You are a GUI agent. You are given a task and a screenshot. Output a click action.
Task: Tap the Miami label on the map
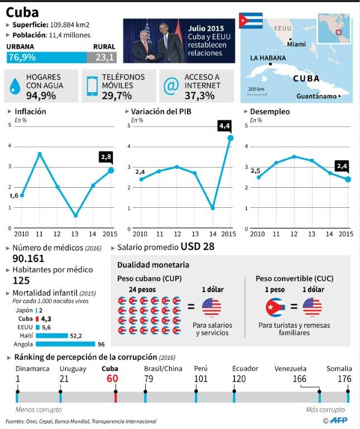coord(296,44)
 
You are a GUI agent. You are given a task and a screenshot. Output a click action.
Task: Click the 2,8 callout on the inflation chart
coord(105,156)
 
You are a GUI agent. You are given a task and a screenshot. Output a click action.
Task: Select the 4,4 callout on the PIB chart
coord(225,126)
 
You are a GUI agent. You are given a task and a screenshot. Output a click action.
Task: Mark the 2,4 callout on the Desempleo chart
coord(343,166)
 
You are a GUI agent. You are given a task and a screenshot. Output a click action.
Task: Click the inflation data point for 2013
coord(75,216)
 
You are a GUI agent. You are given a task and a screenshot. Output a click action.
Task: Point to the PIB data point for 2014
coord(213,208)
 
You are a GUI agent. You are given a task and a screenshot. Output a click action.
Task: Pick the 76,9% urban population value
coord(21,58)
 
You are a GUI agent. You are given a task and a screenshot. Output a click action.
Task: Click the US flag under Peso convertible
coord(312,307)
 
